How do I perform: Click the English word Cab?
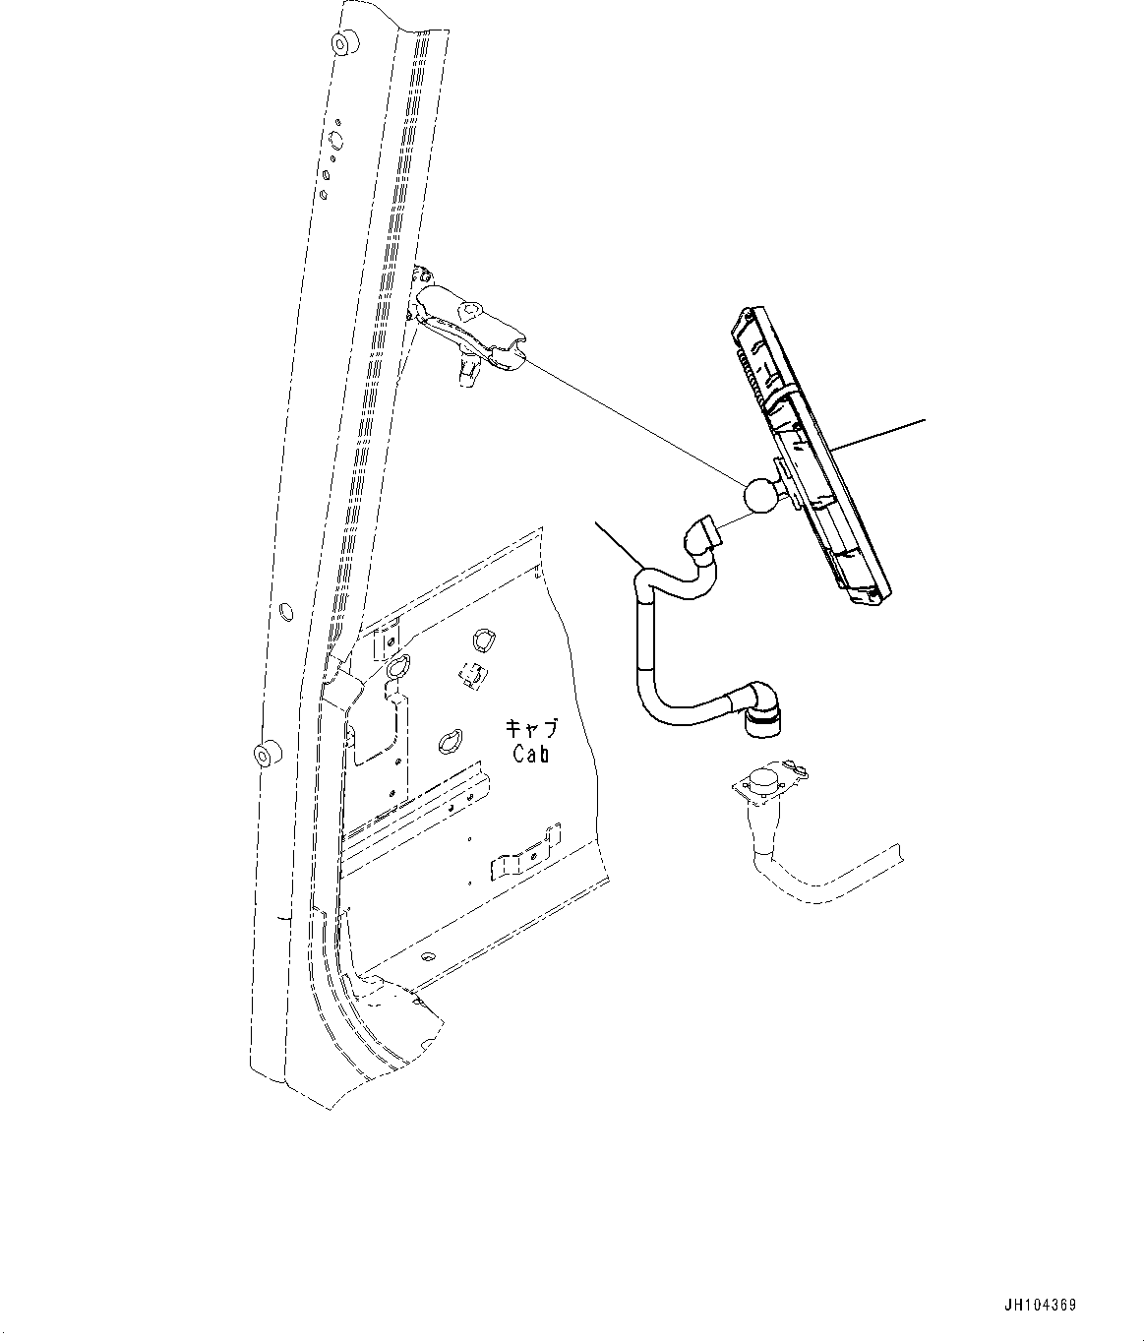(530, 755)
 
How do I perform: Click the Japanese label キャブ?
(531, 729)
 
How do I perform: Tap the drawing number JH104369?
(1041, 1306)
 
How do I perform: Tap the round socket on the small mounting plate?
(763, 781)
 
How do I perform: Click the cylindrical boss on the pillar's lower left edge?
(265, 757)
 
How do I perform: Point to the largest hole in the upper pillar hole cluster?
(334, 138)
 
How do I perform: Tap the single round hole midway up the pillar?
(285, 613)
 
